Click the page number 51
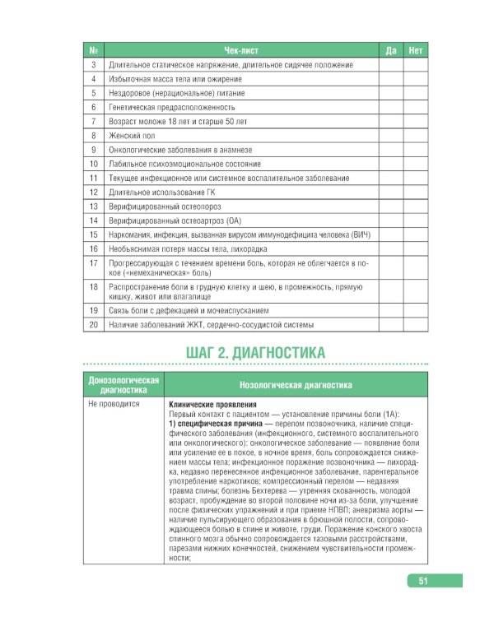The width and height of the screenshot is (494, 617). pos(422,581)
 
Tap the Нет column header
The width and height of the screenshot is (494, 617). pos(416,50)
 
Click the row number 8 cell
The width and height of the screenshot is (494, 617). pos(94,135)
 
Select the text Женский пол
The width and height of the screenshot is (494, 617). pos(132,135)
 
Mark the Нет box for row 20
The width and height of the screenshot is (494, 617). pos(416,325)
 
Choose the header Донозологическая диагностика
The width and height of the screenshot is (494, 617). pos(123,385)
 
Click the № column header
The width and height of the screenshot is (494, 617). pos(94,50)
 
